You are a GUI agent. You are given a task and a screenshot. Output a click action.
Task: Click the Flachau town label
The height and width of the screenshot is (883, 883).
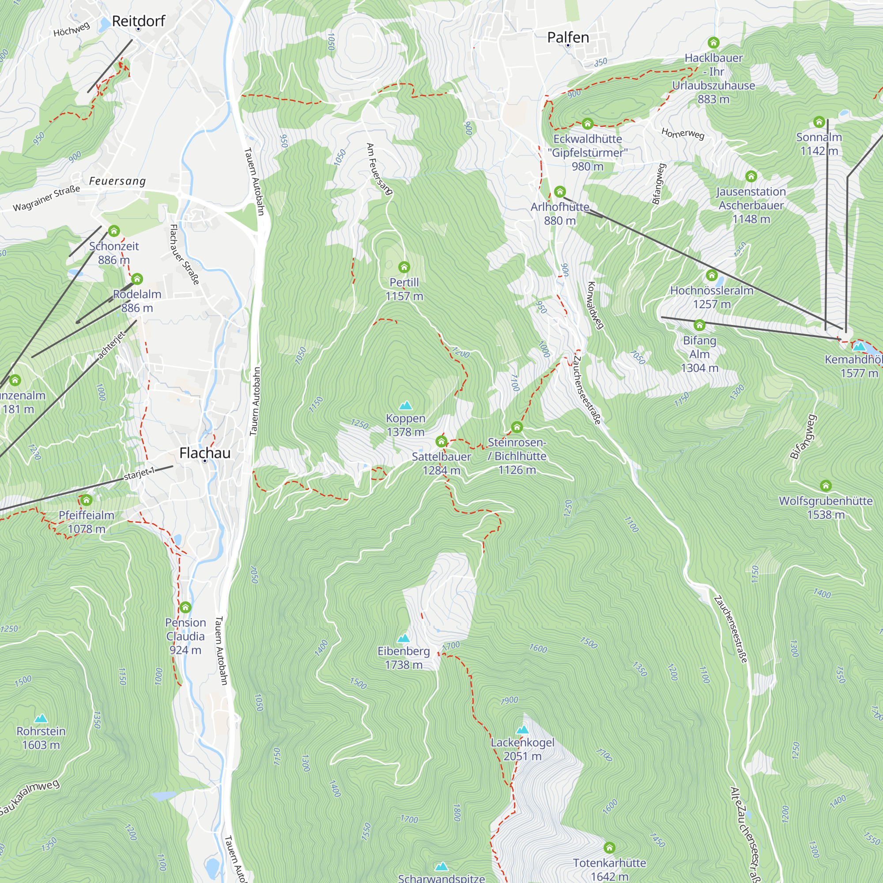point(205,453)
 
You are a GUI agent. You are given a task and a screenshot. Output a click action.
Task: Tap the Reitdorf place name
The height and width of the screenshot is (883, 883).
point(139,21)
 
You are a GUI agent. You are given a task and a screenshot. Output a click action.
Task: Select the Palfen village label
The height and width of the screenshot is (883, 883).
point(568,38)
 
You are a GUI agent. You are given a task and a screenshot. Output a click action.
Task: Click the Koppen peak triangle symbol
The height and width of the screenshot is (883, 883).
point(405,405)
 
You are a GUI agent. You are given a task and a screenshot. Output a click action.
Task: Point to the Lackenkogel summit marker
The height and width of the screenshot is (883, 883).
point(522,729)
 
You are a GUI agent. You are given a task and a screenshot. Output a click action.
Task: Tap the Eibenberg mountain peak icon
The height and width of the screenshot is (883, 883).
point(403,638)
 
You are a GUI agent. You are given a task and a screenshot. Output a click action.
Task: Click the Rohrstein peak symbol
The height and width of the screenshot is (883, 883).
point(41,718)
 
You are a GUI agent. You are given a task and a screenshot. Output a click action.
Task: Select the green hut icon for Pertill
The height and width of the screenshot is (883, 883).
point(404,267)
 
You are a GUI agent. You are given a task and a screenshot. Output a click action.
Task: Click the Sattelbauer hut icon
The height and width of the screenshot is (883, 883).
point(441,441)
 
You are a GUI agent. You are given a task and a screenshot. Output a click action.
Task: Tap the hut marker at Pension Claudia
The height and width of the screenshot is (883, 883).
point(185,607)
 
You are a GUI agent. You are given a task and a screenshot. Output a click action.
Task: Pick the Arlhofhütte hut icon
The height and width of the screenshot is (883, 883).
point(560,192)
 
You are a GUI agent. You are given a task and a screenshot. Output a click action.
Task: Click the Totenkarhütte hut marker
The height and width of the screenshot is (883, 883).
point(609,848)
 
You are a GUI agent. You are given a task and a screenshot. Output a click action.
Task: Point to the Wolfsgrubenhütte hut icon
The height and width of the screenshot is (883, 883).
point(826,485)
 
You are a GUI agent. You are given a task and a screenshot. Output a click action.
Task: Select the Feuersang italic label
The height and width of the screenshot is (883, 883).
point(117,181)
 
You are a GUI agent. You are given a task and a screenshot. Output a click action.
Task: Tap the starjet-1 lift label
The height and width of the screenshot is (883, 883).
point(140,473)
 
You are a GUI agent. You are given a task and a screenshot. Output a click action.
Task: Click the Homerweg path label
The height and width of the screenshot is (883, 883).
point(683,133)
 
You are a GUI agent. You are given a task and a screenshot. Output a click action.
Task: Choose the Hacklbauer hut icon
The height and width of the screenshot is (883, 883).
point(713,43)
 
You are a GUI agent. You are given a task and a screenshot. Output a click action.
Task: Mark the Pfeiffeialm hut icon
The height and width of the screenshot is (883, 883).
point(87,500)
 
